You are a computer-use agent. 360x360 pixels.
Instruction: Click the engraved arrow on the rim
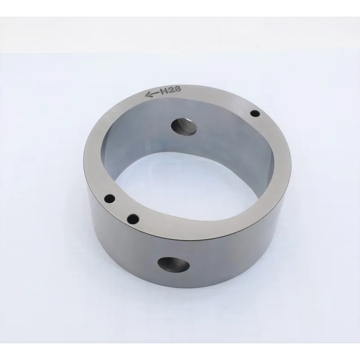(x=152, y=94)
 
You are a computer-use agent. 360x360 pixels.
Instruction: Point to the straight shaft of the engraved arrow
(x=154, y=93)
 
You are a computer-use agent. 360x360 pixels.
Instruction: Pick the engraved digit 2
(x=171, y=90)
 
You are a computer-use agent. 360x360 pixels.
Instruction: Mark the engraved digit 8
(x=178, y=89)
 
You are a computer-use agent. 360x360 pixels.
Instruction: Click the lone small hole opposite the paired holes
(x=255, y=113)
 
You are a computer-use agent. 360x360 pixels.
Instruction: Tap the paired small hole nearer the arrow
(x=109, y=198)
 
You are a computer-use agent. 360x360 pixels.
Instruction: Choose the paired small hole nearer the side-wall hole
(x=133, y=219)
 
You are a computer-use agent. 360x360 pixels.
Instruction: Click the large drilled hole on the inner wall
(x=184, y=127)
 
